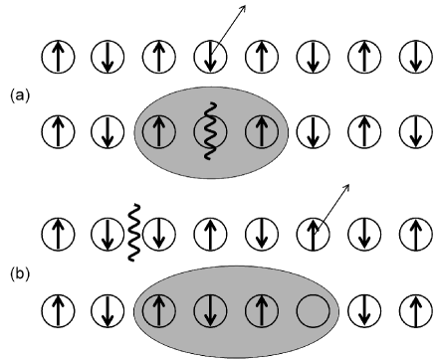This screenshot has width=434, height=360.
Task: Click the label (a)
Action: pyautogui.click(x=15, y=96)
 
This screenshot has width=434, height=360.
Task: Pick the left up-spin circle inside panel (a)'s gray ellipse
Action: pyautogui.click(x=159, y=129)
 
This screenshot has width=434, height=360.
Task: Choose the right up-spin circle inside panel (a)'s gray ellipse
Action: pyautogui.click(x=263, y=129)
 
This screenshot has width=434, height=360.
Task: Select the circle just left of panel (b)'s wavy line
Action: pyautogui.click(x=108, y=234)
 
